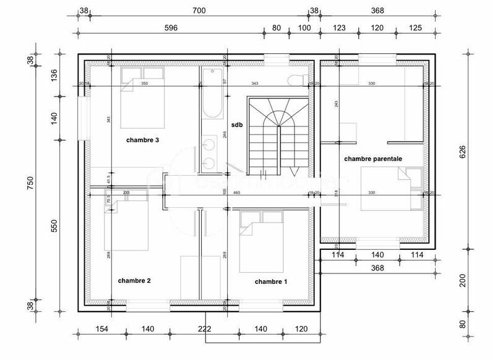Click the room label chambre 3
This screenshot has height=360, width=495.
pyautogui.click(x=143, y=140)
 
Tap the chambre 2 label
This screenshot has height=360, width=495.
pyautogui.click(x=134, y=280)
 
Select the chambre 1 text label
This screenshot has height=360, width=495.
pyautogui.click(x=271, y=281)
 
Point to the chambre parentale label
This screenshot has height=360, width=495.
pyautogui.click(x=373, y=159)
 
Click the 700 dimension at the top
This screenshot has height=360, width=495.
pyautogui.click(x=199, y=11)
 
